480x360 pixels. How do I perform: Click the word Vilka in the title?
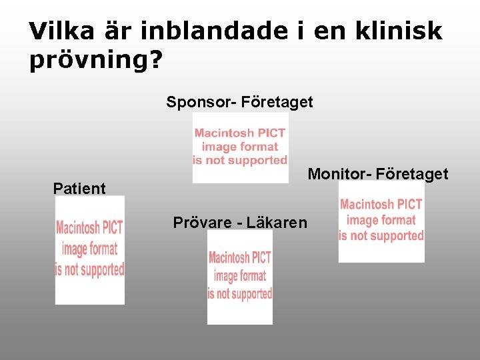click(62, 31)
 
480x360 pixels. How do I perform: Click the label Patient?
click(79, 189)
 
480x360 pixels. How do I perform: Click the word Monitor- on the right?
click(339, 175)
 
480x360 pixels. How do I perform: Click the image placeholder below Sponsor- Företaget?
click(240, 147)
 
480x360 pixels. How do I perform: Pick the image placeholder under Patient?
click(89, 250)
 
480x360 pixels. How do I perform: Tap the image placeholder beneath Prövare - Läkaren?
click(239, 277)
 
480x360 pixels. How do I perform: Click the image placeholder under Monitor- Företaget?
click(381, 221)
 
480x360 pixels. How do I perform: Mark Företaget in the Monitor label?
click(412, 175)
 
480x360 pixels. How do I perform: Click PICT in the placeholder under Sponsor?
click(271, 133)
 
